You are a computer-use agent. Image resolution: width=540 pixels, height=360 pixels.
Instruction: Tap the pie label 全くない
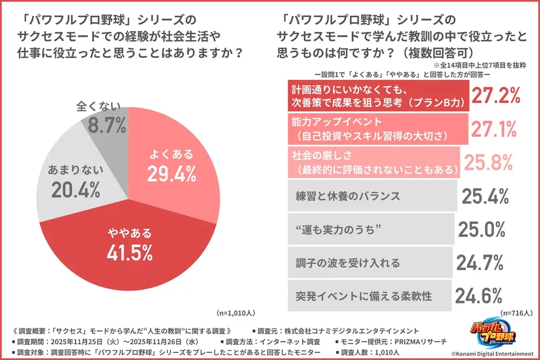click(98, 107)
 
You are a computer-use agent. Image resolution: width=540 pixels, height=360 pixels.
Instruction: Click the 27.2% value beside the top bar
click(496, 96)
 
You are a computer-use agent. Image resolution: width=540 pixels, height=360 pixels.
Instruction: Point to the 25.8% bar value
click(488, 162)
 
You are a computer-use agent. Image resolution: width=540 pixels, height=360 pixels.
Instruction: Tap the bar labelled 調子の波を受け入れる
click(369, 262)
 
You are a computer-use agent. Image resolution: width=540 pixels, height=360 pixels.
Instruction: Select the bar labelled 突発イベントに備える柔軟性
click(369, 296)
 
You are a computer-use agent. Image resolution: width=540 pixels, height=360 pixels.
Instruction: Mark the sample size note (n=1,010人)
click(238, 312)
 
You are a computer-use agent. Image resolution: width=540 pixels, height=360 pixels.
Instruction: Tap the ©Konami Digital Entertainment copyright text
click(490, 352)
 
